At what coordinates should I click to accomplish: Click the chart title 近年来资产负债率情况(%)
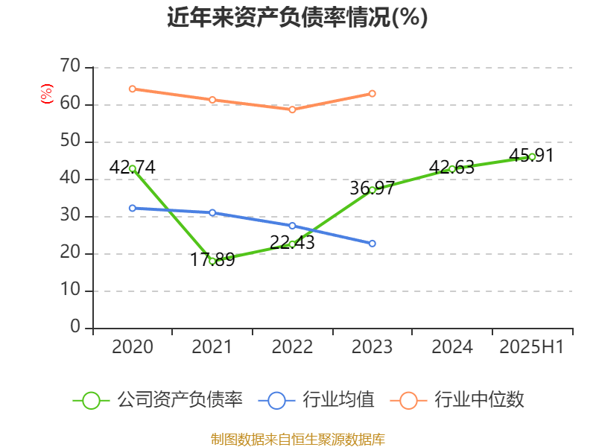coord(297,18)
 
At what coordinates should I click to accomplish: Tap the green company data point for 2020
coord(132,168)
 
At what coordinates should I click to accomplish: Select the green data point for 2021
coord(212,261)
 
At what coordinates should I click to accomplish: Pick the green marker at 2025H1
coord(532,156)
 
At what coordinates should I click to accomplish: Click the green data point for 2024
coord(452,168)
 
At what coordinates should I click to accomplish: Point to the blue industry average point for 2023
coord(372,244)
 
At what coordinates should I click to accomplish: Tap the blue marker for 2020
coord(132,208)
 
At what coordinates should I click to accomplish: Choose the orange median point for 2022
coord(292,110)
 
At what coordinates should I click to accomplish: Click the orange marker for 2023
coord(372,93)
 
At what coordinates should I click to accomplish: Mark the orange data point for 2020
coord(132,89)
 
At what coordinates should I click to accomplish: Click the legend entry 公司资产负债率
coord(158,400)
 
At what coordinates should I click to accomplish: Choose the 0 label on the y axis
coord(74,328)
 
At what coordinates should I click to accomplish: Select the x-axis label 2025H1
coord(532,347)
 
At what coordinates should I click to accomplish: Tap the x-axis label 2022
coord(292,347)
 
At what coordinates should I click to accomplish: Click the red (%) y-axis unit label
coord(47,94)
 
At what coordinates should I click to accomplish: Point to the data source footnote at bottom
coord(297,440)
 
